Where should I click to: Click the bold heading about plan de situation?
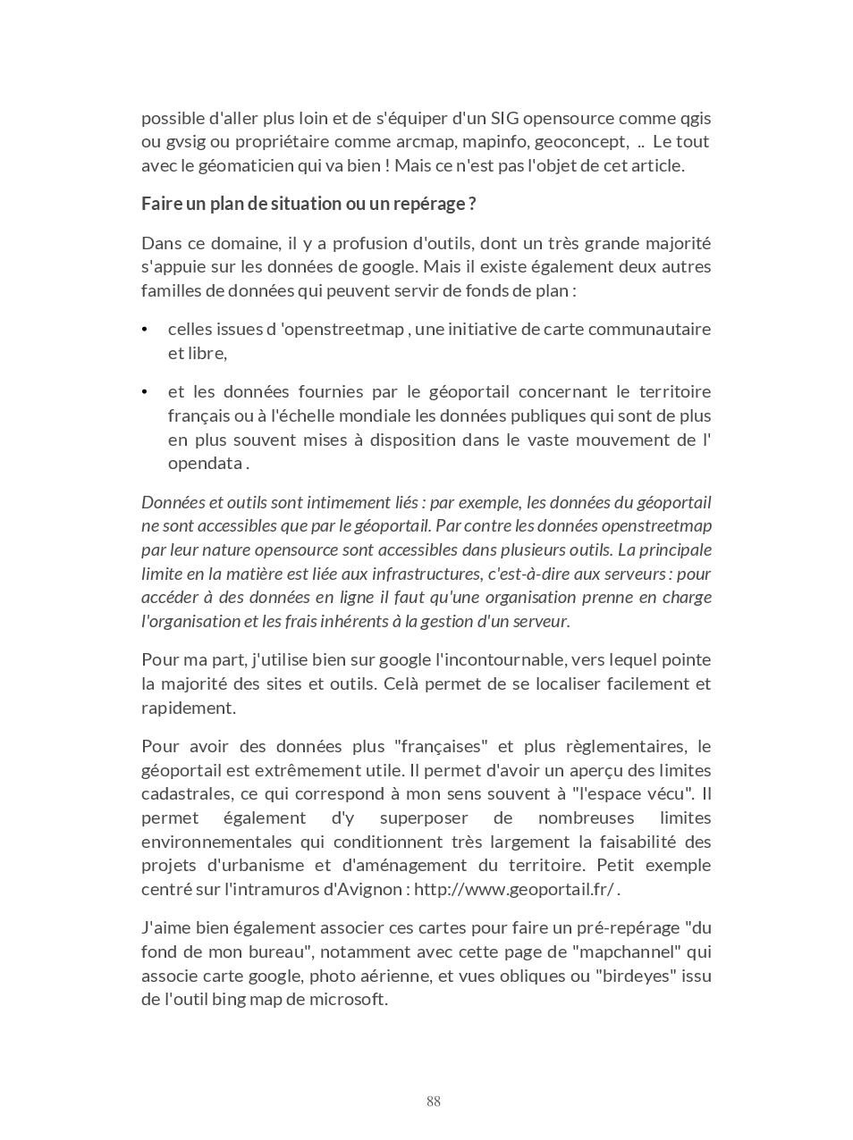308,204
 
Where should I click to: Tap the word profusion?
362,243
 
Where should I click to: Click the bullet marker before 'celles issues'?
145,330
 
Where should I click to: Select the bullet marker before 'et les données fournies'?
145,392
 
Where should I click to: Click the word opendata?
206,463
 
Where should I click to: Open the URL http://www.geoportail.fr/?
514,889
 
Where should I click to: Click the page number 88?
434,1102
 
